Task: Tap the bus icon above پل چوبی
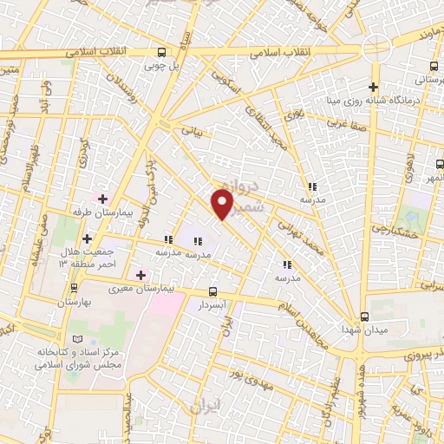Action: coord(160,52)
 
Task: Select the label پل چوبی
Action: coord(160,65)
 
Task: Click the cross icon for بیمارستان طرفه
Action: coord(102,199)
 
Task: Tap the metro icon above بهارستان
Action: coord(74,288)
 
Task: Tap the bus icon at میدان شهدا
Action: coord(365,317)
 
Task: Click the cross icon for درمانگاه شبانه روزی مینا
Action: coord(374,87)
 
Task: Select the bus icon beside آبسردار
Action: coord(213,292)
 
